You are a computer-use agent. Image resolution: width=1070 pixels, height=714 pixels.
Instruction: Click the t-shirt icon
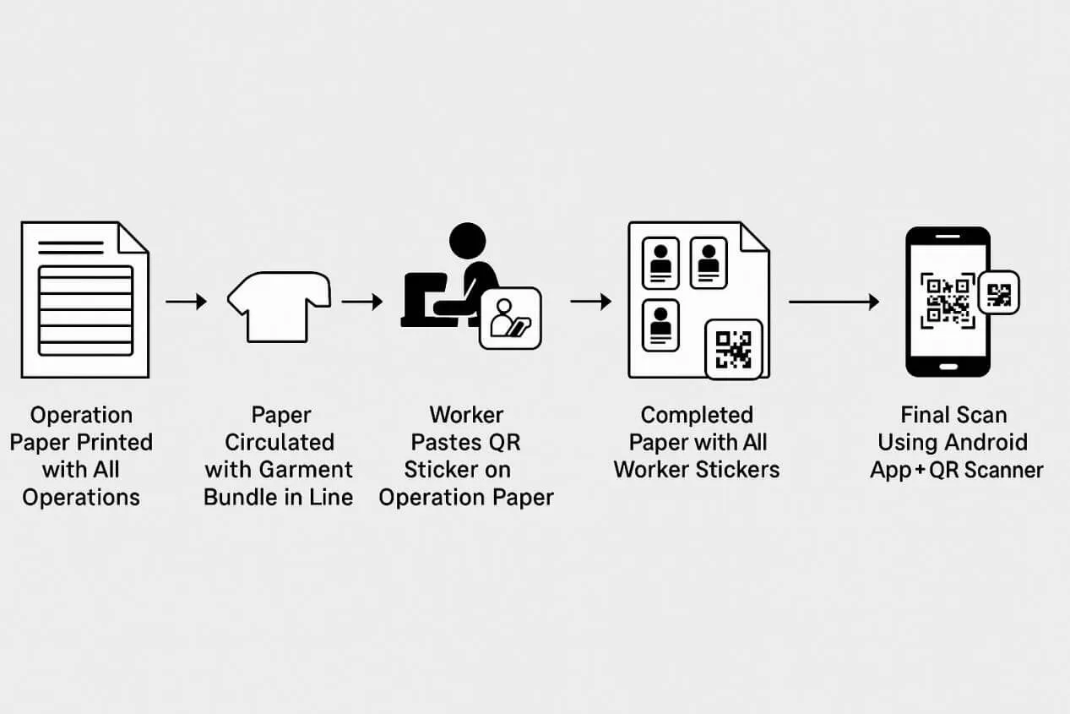coord(279,305)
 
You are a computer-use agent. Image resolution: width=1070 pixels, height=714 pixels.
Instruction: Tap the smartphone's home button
coord(948,367)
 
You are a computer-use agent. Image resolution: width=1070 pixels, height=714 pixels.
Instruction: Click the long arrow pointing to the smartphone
coord(834,302)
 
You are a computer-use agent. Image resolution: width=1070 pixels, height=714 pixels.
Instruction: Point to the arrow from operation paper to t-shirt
coord(186,302)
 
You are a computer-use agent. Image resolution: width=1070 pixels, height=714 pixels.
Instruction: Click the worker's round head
coord(467,240)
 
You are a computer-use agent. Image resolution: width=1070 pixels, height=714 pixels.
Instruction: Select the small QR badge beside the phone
coord(998,295)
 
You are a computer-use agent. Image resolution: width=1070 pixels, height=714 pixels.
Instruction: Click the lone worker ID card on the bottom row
coord(661,325)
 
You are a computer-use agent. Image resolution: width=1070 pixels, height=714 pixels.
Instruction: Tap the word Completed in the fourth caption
coord(697,415)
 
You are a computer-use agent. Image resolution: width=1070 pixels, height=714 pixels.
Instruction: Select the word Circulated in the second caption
coord(279,442)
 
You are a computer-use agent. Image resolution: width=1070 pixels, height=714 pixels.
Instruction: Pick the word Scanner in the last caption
coord(1002,469)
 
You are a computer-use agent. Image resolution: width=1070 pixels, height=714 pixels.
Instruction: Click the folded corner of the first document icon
coord(133,237)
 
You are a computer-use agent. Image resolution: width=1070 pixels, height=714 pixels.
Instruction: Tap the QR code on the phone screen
coord(947,301)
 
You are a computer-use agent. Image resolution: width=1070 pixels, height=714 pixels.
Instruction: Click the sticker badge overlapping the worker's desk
coord(510,319)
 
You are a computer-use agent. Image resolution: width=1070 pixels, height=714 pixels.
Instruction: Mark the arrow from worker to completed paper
coord(591,302)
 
